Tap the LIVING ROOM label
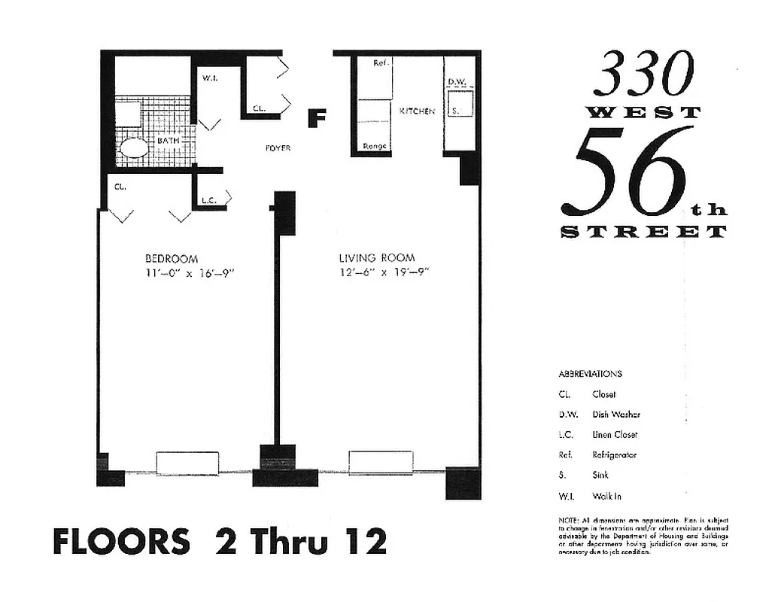point(376,257)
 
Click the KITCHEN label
point(417,111)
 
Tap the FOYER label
point(278,148)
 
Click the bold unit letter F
point(318,118)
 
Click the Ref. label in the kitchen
point(381,63)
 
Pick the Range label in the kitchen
point(375,146)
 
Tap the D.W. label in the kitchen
point(457,81)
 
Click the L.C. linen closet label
point(208,201)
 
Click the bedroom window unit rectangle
point(187,463)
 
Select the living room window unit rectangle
point(381,462)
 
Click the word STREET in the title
point(644,232)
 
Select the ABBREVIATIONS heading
point(590,374)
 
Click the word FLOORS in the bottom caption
point(121,541)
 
